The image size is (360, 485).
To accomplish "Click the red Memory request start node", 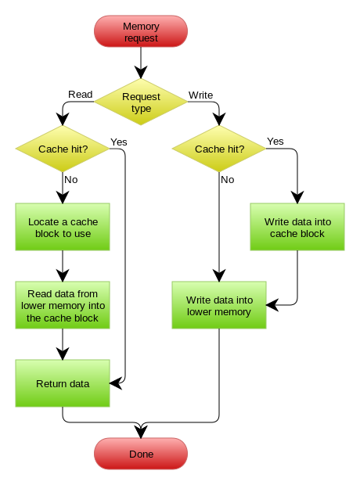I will coord(141,32).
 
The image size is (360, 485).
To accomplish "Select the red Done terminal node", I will coord(141,454).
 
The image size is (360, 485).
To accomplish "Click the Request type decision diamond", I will coord(141,102).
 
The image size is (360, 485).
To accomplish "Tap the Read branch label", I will coord(81,95).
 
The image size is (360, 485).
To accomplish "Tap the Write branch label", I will coord(200,95).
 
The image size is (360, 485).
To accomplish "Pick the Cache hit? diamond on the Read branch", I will coord(63,149).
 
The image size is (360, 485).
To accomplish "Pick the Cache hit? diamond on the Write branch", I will coord(219,149).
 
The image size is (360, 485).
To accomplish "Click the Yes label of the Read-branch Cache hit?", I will coord(119,142).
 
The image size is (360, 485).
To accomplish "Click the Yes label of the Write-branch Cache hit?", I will coord(275,142).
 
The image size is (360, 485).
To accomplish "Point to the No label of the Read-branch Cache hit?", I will coord(71,180).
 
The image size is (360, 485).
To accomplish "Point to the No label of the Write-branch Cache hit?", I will coord(228,180).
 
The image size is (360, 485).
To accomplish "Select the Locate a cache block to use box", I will coord(63,228).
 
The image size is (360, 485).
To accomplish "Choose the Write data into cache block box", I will coord(297,228).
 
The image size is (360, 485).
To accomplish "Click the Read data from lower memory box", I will coord(63,306).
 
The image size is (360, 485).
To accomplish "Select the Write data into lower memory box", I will coord(219,306).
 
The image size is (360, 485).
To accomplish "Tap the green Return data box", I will coord(63,384).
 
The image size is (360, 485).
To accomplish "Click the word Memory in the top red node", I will coord(141,27).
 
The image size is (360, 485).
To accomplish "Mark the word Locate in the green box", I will coord(44,222).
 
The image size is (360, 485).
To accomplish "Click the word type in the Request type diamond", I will coord(141,109).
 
